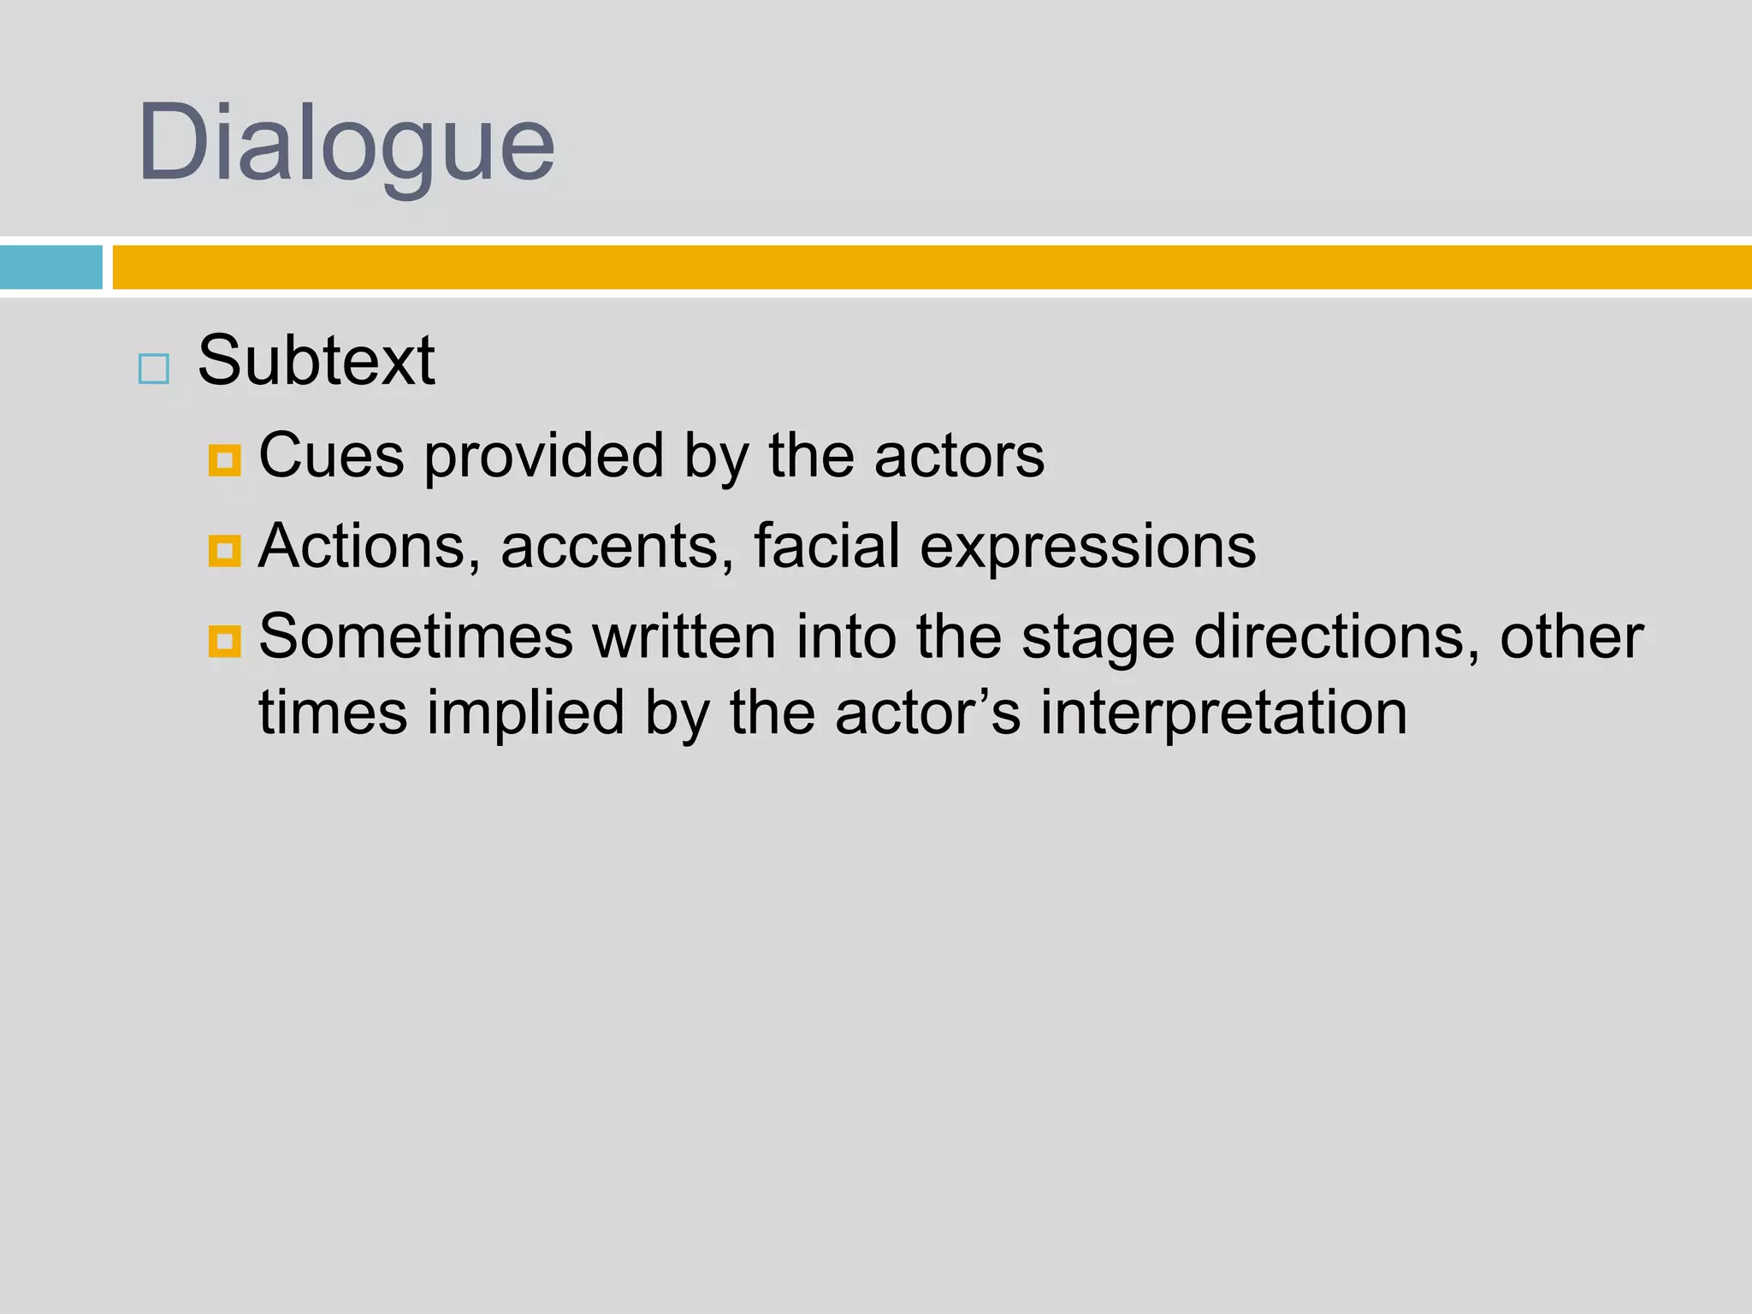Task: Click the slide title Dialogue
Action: pos(346,142)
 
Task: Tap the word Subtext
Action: pos(316,360)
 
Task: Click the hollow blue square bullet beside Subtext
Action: pos(154,369)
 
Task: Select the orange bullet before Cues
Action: pos(224,460)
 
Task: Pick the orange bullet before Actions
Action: pos(224,551)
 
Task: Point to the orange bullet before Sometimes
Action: pos(224,641)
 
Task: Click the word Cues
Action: pos(331,455)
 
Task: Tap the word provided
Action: pos(544,455)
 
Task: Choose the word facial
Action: pos(826,546)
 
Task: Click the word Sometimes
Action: pos(416,636)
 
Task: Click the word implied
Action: pos(526,713)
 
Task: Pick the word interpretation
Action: pos(1223,713)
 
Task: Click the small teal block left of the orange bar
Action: pos(51,267)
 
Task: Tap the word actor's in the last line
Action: pos(927,713)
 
